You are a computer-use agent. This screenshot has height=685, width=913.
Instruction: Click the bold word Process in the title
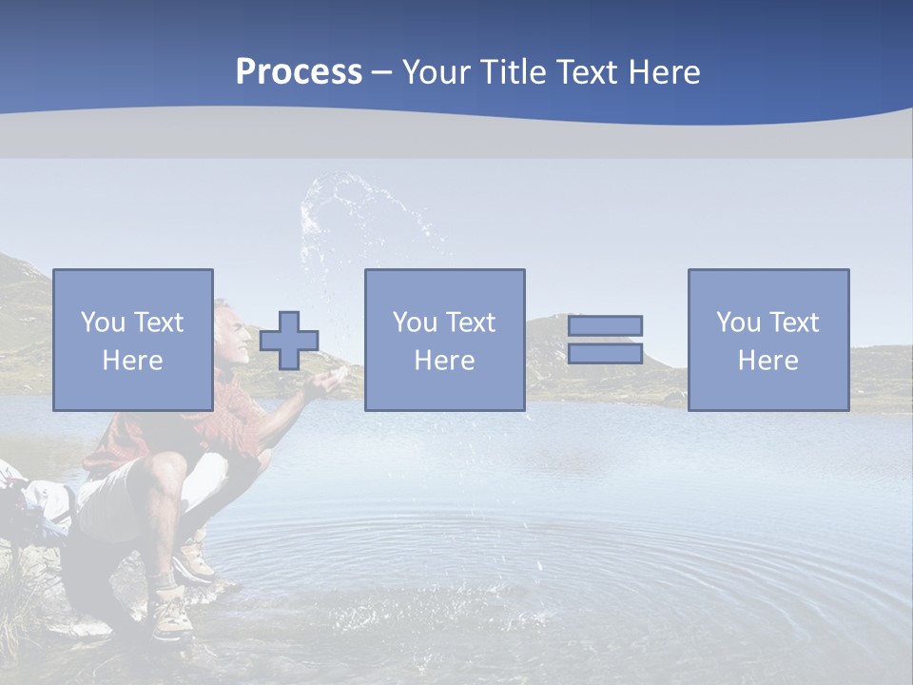point(299,71)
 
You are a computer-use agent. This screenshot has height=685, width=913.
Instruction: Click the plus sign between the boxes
point(289,341)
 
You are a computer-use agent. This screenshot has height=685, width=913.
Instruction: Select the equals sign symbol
point(605,340)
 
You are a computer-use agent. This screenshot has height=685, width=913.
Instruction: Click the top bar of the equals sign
point(605,326)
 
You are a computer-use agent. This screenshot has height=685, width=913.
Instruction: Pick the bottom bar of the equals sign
point(605,354)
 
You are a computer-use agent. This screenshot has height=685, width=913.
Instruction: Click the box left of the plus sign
point(132,340)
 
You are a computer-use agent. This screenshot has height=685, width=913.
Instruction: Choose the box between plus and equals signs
point(444,340)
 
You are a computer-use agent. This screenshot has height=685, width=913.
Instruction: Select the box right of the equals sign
point(767,340)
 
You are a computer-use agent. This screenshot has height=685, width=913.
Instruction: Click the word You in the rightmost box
point(738,323)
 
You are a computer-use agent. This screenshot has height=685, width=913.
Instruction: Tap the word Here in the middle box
point(444,361)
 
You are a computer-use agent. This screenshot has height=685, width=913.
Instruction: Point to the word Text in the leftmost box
point(158,323)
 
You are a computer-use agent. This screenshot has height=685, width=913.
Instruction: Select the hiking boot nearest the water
point(193,559)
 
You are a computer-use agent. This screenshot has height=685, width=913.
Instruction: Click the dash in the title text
point(382,72)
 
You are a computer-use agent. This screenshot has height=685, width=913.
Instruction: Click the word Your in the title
point(434,71)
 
